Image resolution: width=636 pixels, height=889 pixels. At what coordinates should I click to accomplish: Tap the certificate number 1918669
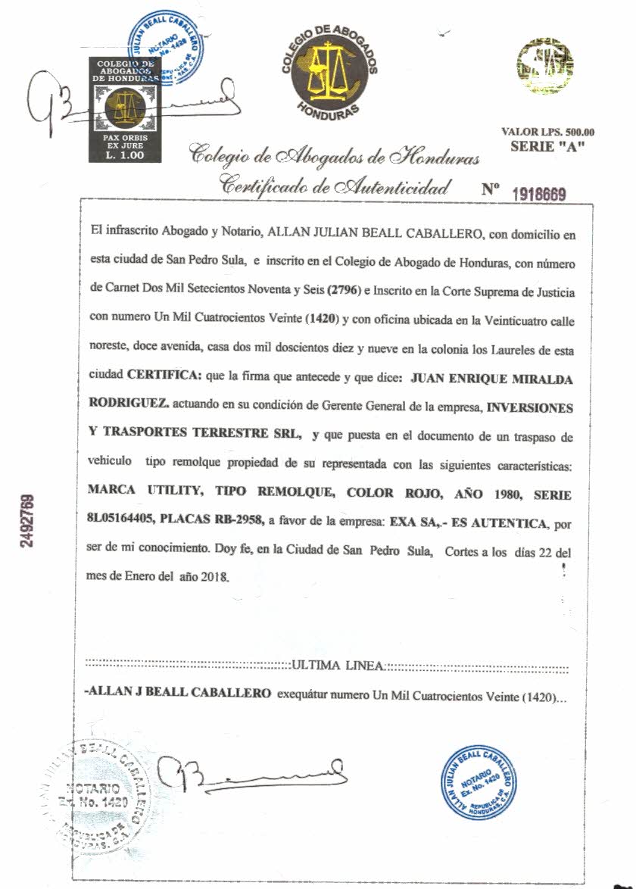[540, 192]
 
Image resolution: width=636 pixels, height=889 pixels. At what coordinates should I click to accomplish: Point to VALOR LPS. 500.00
[548, 131]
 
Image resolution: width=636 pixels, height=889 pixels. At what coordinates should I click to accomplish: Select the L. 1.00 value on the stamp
[125, 154]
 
